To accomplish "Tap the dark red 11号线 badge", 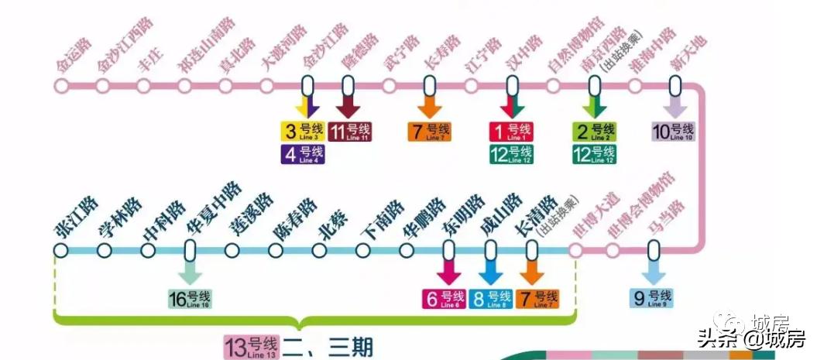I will coord(349,132).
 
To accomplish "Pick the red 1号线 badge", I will coord(511,132).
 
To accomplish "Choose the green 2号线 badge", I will coord(593,132).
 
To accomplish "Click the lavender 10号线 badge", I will coord(673,132).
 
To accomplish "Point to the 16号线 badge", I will coord(190,298).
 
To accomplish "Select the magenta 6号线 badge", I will coord(445,298).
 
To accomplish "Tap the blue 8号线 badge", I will coord(490,298).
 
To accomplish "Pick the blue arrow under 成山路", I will coord(490,272).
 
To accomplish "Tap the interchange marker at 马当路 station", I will coord(654,250).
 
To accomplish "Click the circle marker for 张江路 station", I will coord(61,250).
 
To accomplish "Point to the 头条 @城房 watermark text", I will coord(751,338).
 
